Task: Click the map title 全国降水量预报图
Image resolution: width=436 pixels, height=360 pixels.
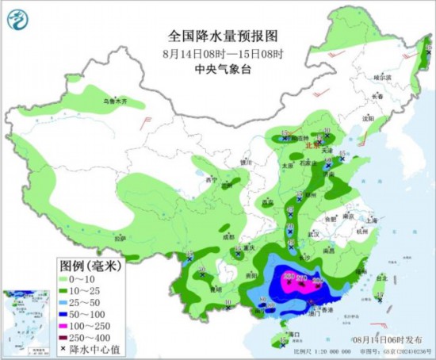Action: click(x=223, y=36)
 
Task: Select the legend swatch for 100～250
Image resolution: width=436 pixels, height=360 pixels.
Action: click(x=64, y=326)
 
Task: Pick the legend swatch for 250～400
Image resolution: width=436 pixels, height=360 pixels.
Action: click(x=64, y=337)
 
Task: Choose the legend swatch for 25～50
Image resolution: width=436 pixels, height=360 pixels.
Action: click(x=64, y=303)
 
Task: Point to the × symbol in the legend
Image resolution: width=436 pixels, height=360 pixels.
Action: click(x=64, y=348)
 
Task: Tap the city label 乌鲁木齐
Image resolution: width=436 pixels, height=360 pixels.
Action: click(x=114, y=101)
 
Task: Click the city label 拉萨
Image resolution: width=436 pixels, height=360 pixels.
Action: click(x=120, y=238)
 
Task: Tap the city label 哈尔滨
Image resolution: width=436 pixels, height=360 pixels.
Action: click(x=383, y=78)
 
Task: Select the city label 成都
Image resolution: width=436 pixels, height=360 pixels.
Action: click(x=229, y=236)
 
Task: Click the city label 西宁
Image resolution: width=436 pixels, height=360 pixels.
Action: click(x=210, y=180)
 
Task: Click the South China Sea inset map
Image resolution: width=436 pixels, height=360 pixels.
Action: click(x=25, y=320)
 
